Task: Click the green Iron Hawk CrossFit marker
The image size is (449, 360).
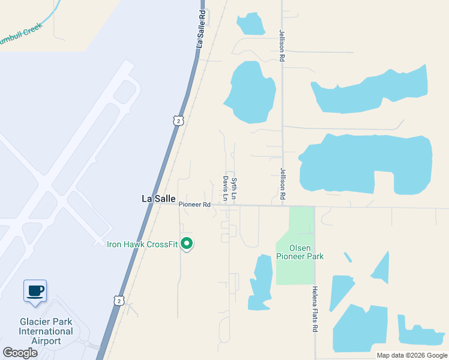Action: point(187,244)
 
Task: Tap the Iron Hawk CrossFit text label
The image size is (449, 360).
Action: point(143,244)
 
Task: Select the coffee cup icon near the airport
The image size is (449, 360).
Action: point(35,291)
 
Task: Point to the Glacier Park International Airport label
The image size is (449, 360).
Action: point(46,331)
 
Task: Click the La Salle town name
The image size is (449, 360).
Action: point(158,199)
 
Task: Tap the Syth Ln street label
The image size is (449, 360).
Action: point(234,188)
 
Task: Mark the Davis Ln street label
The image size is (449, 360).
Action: point(226,188)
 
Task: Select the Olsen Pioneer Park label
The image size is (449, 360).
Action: point(299,252)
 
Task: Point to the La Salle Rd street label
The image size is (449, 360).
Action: point(202,29)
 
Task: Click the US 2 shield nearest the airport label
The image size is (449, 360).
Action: point(119,300)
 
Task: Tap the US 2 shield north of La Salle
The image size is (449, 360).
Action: point(177,121)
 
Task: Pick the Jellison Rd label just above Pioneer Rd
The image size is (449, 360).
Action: point(282,183)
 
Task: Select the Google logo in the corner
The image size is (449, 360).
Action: point(20,352)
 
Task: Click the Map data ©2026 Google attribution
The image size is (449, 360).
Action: point(412,355)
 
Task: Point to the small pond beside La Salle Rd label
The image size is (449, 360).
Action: point(251,23)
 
